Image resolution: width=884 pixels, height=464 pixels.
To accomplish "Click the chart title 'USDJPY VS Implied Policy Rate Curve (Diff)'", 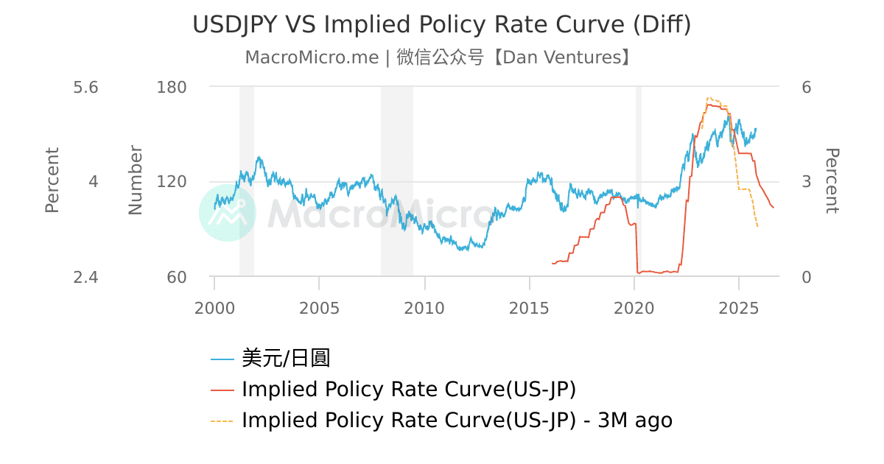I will [x=441, y=24].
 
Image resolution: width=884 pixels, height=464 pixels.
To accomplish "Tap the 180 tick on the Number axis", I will [x=172, y=87].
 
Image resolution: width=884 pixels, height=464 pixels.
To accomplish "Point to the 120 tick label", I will [x=172, y=182].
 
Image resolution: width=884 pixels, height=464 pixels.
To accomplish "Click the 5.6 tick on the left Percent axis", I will [x=85, y=87].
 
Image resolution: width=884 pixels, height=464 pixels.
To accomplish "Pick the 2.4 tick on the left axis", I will [x=85, y=277].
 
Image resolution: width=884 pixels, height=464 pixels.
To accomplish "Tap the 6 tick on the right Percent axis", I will [x=806, y=87].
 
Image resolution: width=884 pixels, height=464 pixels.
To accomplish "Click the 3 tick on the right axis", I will [x=806, y=182].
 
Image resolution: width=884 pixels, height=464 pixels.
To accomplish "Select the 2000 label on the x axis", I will [x=214, y=308].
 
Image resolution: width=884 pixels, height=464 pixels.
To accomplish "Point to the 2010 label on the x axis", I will [x=424, y=308].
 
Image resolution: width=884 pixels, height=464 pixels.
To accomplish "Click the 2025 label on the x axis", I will [x=739, y=308].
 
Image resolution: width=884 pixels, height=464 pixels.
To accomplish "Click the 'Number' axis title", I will [x=136, y=180].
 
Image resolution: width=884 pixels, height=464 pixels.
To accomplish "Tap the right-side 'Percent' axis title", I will [x=831, y=180].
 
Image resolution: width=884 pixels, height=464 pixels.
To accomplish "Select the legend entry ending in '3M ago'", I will [x=456, y=421].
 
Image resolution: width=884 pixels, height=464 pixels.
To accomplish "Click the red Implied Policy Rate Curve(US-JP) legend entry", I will [x=408, y=390].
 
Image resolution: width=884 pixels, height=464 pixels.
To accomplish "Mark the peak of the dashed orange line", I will [x=708, y=97].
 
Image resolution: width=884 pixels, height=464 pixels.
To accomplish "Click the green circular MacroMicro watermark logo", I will [x=228, y=213].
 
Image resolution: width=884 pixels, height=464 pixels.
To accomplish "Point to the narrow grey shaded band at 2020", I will [x=638, y=180].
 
